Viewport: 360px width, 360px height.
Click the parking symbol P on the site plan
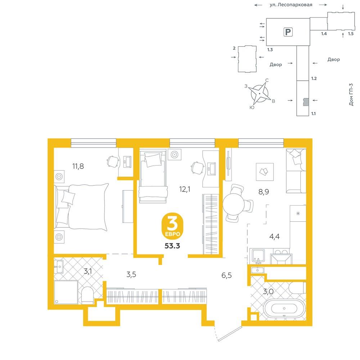[288, 32]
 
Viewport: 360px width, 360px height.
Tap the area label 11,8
[78, 166]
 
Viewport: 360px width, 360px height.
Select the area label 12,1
[185, 189]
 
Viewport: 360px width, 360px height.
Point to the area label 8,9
[264, 192]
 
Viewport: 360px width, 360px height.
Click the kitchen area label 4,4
[274, 236]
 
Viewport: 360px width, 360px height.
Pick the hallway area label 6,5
[226, 275]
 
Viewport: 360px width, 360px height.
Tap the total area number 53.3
[172, 246]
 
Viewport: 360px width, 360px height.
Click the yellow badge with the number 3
[172, 226]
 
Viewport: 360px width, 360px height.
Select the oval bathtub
[284, 309]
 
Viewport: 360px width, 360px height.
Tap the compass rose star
[260, 94]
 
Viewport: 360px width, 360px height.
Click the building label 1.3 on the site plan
[270, 49]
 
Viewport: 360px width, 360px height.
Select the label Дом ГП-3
[351, 94]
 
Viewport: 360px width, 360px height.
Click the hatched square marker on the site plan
[306, 102]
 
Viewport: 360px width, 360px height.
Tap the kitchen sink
[258, 256]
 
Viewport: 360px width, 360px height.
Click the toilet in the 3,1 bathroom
[87, 295]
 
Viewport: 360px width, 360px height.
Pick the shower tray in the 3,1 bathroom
[66, 292]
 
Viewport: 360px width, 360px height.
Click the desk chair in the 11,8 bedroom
[112, 161]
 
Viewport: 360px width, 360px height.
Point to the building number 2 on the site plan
[234, 48]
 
